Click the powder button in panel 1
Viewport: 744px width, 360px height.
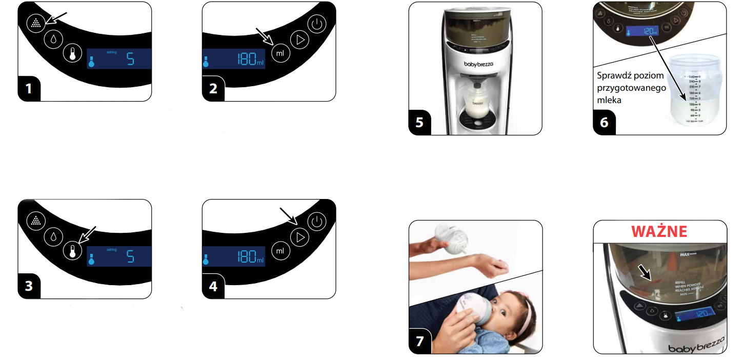(36, 24)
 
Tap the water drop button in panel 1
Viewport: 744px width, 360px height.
(54, 39)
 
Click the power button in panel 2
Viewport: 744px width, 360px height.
(317, 24)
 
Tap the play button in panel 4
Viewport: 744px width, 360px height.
(300, 236)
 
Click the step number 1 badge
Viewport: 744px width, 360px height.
(29, 89)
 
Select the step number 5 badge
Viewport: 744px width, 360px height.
(420, 123)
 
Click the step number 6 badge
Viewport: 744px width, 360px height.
(604, 123)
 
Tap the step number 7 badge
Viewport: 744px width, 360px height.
(420, 342)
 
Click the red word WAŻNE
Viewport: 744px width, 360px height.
(659, 231)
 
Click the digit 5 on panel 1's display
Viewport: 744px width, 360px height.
(130, 59)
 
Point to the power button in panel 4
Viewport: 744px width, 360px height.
(317, 222)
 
